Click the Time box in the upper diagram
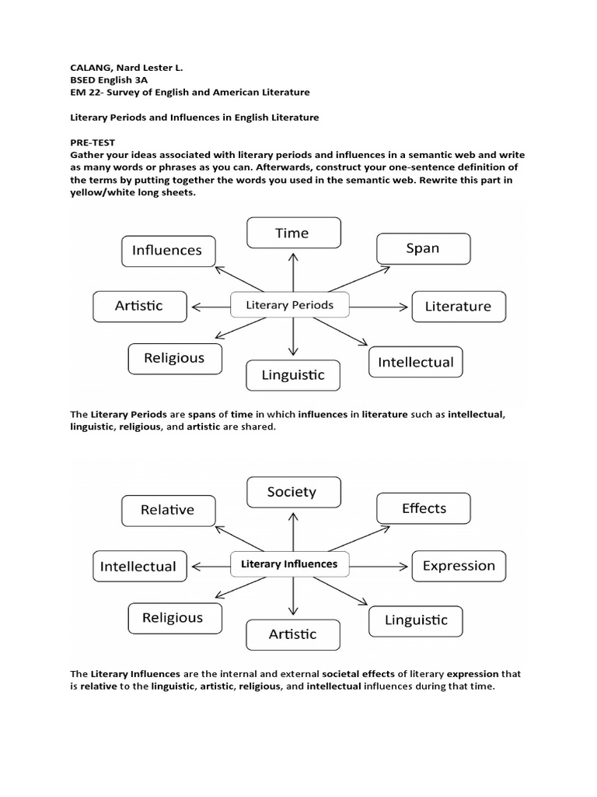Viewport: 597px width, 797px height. pos(293,233)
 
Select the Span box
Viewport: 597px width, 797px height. pos(423,248)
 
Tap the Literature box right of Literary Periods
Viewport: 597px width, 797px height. pos(458,306)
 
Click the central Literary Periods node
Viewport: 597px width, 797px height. pos(289,305)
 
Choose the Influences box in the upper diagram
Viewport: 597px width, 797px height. pos(167,250)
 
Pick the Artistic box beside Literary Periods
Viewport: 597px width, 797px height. pos(139,306)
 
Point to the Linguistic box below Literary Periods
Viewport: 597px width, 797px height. pos(294,375)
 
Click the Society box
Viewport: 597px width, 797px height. pos(292,492)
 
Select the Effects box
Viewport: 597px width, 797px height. pos(424,508)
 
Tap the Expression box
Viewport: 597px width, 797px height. pos(458,566)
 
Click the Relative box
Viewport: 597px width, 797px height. pos(167,510)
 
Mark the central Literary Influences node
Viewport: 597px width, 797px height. pos(289,564)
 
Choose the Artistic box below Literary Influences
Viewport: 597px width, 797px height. pos(292,634)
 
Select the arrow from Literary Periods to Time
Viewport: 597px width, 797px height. pos(293,271)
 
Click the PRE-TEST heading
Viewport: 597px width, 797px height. pos(92,142)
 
